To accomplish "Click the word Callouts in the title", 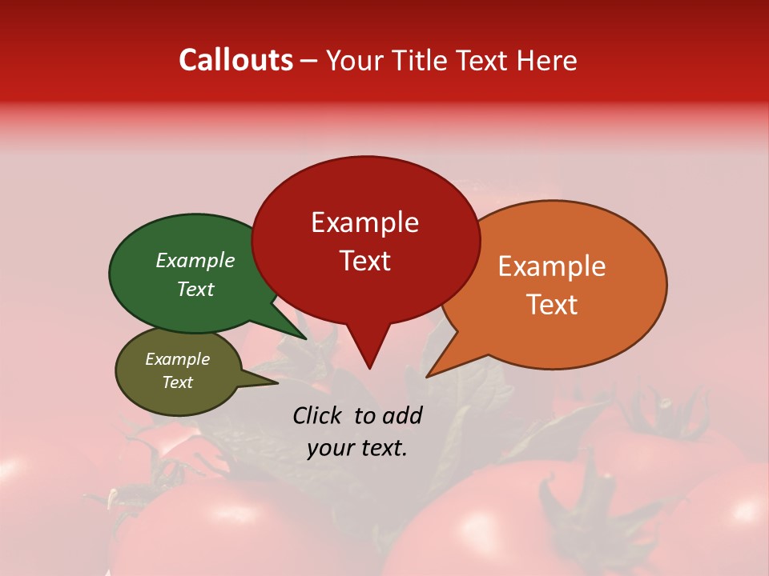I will (236, 60).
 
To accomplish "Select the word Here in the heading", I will (547, 60).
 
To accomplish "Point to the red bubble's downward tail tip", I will (369, 368).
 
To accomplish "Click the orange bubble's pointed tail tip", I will (427, 377).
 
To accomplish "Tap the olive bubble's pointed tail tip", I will (277, 382).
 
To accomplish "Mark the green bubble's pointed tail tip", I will (307, 338).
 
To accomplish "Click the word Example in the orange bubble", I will (552, 266).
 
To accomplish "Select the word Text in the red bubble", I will (365, 261).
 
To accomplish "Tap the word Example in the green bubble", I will (195, 260).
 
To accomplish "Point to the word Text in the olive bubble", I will (178, 382).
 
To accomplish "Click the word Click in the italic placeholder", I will (318, 415).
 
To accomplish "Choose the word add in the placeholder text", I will (402, 415).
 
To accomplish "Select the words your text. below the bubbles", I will (357, 448).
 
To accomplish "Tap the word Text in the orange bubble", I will (553, 305).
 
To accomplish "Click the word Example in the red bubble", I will (365, 222).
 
